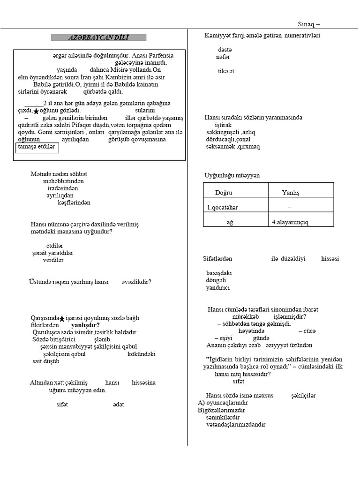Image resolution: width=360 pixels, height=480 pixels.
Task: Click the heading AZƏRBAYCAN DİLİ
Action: pyautogui.click(x=99, y=37)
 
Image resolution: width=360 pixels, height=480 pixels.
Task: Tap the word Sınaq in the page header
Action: pyautogui.click(x=307, y=24)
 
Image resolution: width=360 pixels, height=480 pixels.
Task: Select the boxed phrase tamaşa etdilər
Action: pyautogui.click(x=36, y=147)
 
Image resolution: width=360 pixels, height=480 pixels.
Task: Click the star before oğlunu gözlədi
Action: pyautogui.click(x=36, y=111)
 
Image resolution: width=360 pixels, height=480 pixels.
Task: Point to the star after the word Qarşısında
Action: pyautogui.click(x=62, y=319)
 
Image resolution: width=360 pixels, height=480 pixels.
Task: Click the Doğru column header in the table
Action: pyautogui.click(x=224, y=193)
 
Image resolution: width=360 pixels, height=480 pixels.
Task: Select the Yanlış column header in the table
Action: pyautogui.click(x=290, y=193)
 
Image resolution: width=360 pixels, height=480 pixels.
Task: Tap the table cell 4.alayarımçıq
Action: pyautogui.click(x=290, y=222)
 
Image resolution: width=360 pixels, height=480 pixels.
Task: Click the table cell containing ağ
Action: pyautogui.click(x=230, y=222)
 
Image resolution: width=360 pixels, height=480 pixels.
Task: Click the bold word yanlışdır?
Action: pyautogui.click(x=85, y=325)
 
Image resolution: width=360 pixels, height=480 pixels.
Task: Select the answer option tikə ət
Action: pyautogui.click(x=225, y=71)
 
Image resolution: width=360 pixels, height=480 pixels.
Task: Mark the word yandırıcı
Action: pyautogui.click(x=218, y=288)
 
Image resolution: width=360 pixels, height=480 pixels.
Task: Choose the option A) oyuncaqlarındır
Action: pyautogui.click(x=223, y=403)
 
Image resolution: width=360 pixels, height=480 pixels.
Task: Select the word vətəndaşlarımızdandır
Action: pyautogui.click(x=235, y=425)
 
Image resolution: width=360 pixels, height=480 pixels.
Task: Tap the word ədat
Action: pyautogui.click(x=119, y=404)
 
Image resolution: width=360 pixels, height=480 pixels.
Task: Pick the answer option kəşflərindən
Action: pyautogui.click(x=74, y=202)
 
